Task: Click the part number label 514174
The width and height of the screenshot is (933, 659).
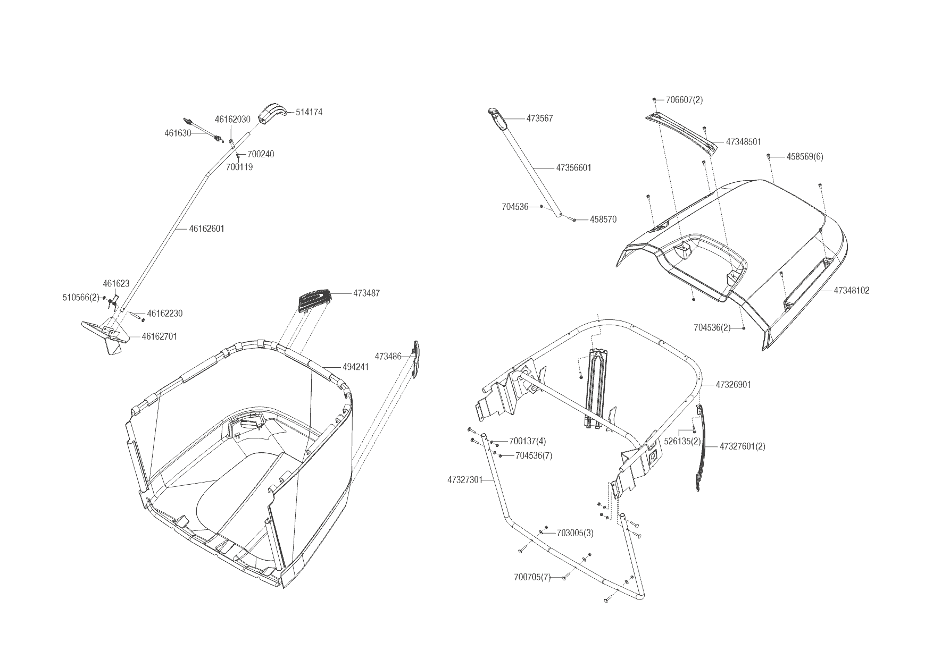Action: [x=309, y=112]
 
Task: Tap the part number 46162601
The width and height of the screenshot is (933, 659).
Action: [x=207, y=229]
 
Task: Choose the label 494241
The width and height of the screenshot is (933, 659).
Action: [x=355, y=367]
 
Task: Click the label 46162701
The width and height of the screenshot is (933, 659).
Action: [x=159, y=336]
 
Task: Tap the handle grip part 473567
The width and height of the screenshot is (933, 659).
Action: [x=496, y=118]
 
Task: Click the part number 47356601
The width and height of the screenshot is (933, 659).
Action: [x=573, y=168]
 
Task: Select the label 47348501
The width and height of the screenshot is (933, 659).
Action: [x=743, y=142]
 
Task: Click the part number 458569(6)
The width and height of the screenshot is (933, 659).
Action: [x=805, y=157]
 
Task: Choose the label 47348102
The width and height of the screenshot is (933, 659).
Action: [x=851, y=291]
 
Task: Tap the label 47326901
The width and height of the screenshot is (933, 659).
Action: [x=733, y=384]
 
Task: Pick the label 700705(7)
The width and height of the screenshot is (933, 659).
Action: [x=532, y=577]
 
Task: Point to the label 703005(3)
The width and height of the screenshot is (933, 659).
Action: [x=575, y=533]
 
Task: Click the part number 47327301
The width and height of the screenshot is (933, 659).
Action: [x=464, y=480]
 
